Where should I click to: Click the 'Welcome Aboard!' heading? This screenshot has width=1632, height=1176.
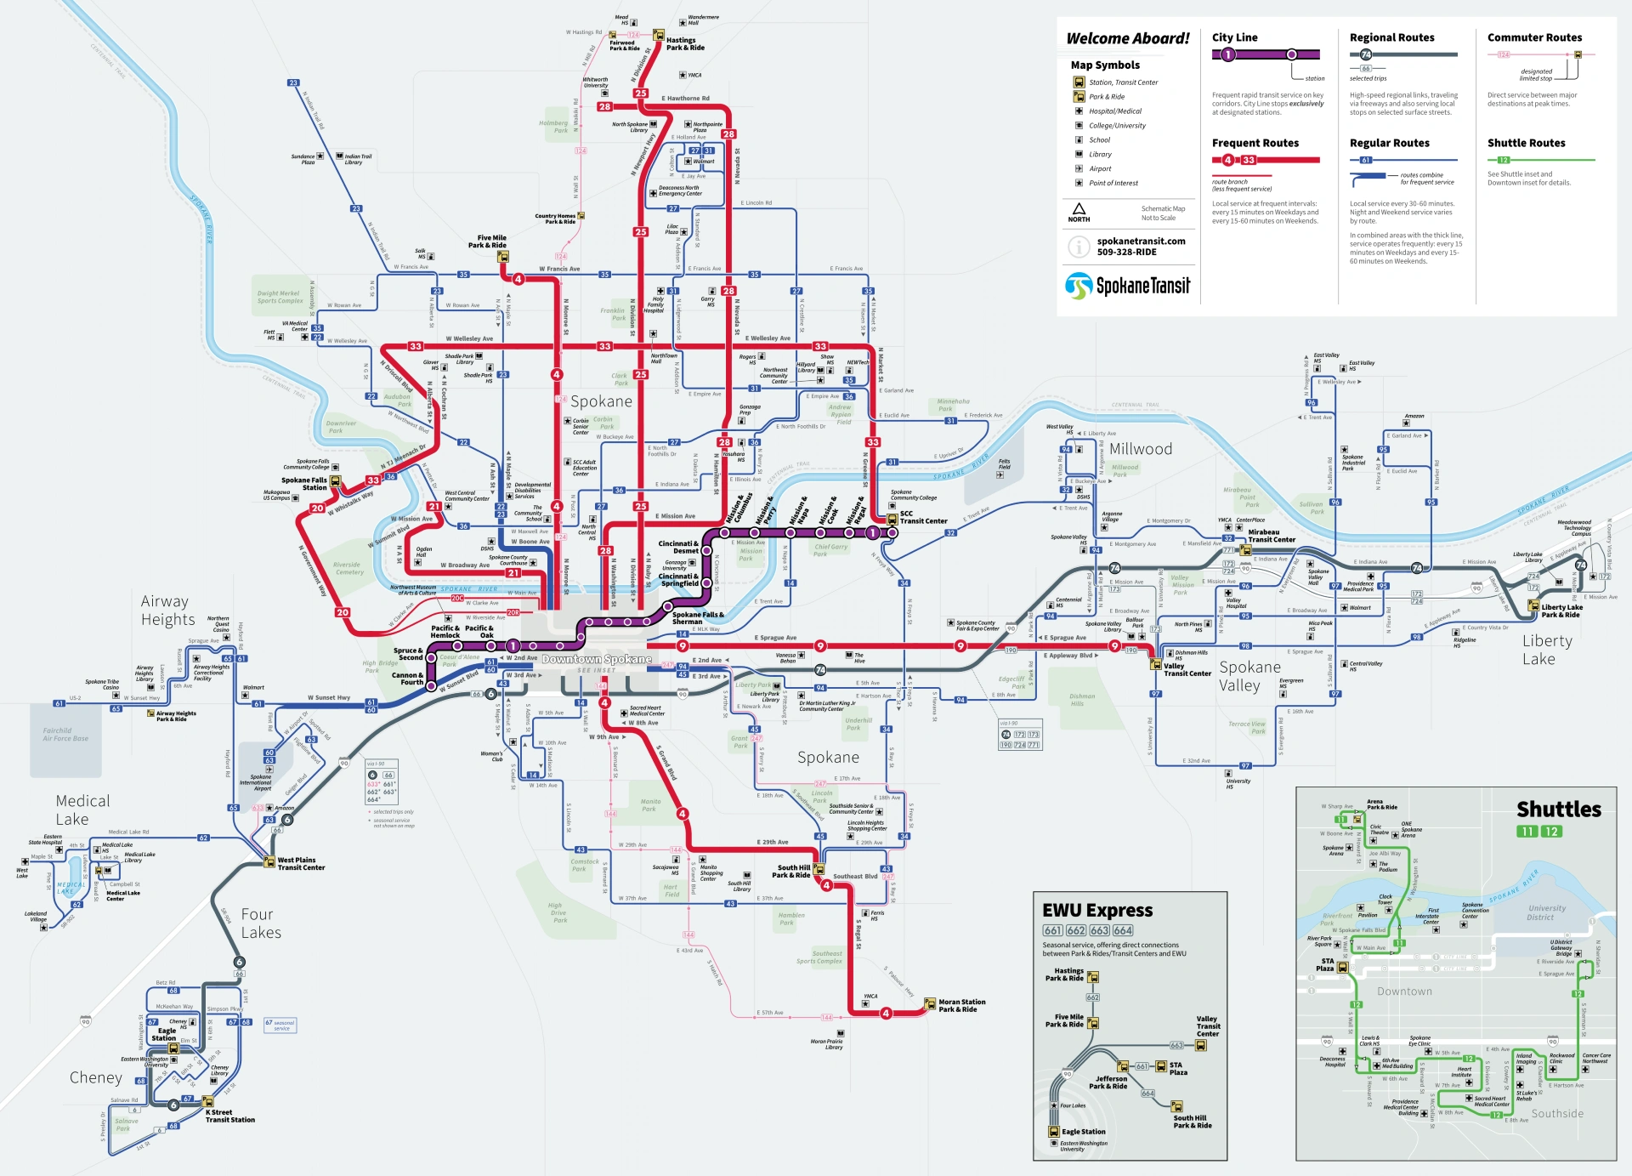click(x=1128, y=38)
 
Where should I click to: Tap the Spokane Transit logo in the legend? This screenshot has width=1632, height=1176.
click(x=1128, y=286)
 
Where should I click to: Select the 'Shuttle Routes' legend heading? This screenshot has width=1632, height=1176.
click(x=1526, y=143)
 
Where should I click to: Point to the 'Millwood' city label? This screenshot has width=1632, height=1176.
click(x=1140, y=449)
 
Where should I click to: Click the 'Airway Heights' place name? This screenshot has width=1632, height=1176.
click(x=167, y=611)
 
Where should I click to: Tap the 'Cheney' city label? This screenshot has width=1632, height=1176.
click(x=96, y=1077)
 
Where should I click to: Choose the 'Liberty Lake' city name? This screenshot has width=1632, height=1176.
click(x=1546, y=650)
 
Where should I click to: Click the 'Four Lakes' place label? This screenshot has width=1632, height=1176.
click(x=260, y=923)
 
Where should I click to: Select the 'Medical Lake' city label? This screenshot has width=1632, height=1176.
click(x=82, y=810)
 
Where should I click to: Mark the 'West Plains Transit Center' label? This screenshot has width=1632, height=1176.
click(x=301, y=864)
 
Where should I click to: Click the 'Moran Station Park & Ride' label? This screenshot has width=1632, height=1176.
click(x=961, y=1006)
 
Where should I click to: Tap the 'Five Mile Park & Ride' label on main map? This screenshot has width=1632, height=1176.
click(x=490, y=241)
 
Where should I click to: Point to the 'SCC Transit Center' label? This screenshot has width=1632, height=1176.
click(x=923, y=517)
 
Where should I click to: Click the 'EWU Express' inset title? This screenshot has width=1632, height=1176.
click(x=1097, y=910)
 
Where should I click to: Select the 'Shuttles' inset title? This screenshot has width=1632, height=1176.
click(x=1558, y=809)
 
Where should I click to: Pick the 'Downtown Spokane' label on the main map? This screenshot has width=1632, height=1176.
click(x=597, y=659)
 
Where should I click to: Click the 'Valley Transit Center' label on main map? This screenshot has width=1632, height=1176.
click(x=1187, y=670)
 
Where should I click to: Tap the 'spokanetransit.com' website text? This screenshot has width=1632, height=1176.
click(x=1141, y=241)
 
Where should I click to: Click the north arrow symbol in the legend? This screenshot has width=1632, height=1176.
click(x=1079, y=209)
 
